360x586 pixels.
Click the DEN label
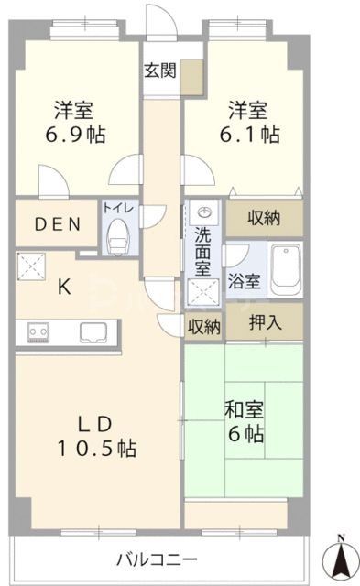point(58,224)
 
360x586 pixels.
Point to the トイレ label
point(118,208)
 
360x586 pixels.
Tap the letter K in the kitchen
point(64,287)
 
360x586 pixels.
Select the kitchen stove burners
point(39,330)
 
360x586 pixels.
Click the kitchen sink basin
point(93,331)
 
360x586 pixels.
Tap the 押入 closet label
point(267,322)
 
